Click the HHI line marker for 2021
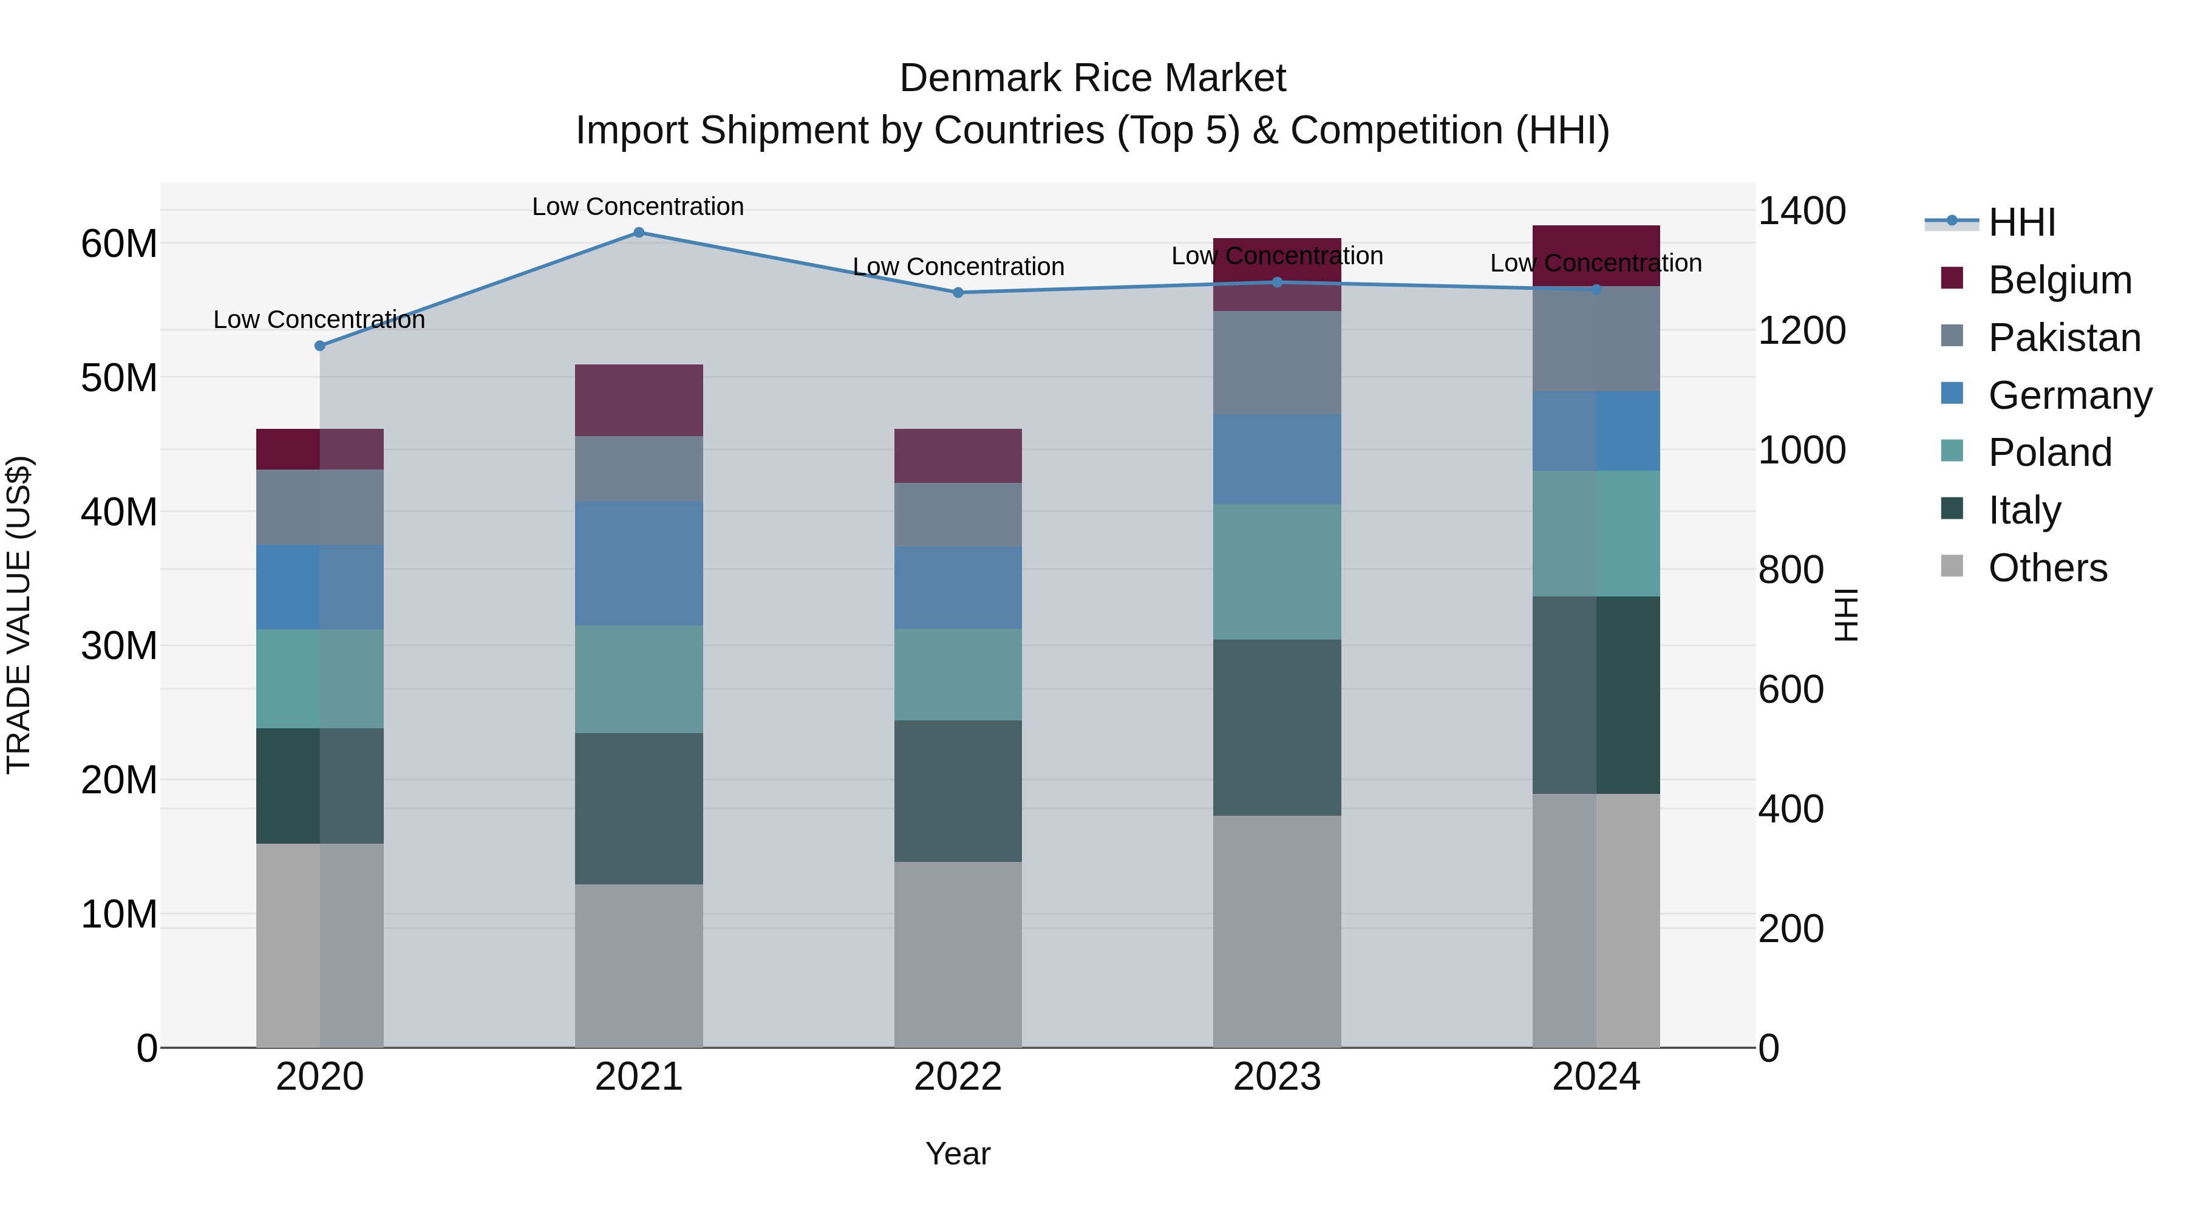(x=639, y=232)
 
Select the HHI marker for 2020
(x=320, y=346)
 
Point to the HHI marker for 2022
(x=958, y=292)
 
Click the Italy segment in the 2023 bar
(x=1277, y=728)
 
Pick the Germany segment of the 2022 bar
(x=958, y=587)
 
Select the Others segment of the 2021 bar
(x=639, y=965)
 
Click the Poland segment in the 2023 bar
(x=1277, y=572)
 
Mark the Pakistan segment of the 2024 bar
(x=1596, y=339)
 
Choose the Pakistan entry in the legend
(x=2064, y=338)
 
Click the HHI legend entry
(x=2021, y=222)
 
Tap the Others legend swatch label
(x=2047, y=568)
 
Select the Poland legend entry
(x=2049, y=453)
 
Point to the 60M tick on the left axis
(x=119, y=244)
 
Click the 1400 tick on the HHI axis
(x=1802, y=211)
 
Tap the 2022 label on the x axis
(x=958, y=1077)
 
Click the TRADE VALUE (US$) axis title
(x=19, y=615)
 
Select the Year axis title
(x=958, y=1153)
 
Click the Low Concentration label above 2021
(x=638, y=207)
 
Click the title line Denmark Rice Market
(x=1092, y=78)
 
